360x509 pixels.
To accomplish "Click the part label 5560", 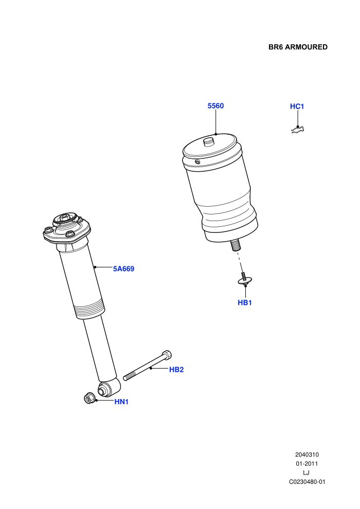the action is [215, 106].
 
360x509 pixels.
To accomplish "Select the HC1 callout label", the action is [297, 106].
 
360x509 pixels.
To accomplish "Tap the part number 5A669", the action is [123, 269].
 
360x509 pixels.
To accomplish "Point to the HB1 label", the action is [245, 302].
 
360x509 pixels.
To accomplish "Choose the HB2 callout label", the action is [176, 370].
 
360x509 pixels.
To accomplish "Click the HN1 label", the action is [122, 402].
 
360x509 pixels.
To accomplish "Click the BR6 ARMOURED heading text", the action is [298, 47].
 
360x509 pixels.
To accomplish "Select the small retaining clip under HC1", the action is [298, 130].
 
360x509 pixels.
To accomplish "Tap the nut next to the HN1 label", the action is [89, 398].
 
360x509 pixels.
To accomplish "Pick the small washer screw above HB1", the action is [245, 279].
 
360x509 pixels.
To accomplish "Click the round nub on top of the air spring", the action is [208, 142].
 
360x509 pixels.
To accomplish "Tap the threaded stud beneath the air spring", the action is [236, 245].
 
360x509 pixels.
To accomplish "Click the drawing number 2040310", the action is [307, 455].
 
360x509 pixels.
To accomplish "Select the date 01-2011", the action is [307, 464].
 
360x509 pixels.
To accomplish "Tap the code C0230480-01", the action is [307, 482].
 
